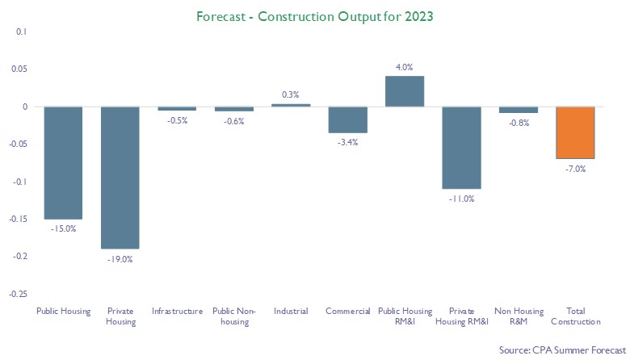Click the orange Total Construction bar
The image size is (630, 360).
pyautogui.click(x=575, y=132)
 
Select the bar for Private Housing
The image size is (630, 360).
pyautogui.click(x=120, y=178)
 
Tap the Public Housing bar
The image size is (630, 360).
pyautogui.click(x=63, y=162)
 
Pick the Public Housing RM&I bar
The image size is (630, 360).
pyautogui.click(x=405, y=91)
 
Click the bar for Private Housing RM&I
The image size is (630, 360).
pyautogui.click(x=461, y=148)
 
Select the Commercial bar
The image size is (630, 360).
pyautogui.click(x=347, y=119)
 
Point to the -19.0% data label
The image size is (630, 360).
pyautogui.click(x=120, y=259)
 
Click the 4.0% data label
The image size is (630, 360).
pyautogui.click(x=405, y=66)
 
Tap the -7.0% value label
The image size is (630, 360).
pyautogui.click(x=575, y=170)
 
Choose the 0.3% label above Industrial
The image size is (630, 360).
pyautogui.click(x=291, y=94)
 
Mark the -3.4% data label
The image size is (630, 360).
pyautogui.click(x=347, y=143)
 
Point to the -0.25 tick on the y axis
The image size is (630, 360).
pyautogui.click(x=18, y=293)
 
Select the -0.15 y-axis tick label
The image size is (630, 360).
pyautogui.click(x=18, y=219)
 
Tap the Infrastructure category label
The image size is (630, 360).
pyautogui.click(x=177, y=311)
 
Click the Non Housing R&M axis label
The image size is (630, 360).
pyautogui.click(x=518, y=316)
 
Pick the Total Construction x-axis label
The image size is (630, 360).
pyautogui.click(x=575, y=316)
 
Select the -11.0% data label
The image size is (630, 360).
pyautogui.click(x=461, y=199)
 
